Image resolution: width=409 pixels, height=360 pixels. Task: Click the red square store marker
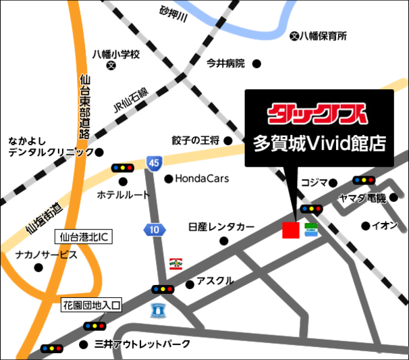point(290,230)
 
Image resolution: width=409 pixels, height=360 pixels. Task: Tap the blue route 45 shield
point(154,162)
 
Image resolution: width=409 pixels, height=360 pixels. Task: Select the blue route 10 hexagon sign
point(155,230)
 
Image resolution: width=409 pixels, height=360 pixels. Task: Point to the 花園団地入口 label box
point(92,306)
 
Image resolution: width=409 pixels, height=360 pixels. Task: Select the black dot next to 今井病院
point(256,63)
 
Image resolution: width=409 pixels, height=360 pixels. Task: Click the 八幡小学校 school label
point(115,54)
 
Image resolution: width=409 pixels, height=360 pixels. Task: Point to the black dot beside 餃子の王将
point(228,140)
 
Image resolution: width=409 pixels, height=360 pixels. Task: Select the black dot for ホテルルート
point(124,181)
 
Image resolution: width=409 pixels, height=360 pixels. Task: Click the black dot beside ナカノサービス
point(38,268)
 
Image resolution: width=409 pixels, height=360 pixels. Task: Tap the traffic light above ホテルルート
point(123,168)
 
